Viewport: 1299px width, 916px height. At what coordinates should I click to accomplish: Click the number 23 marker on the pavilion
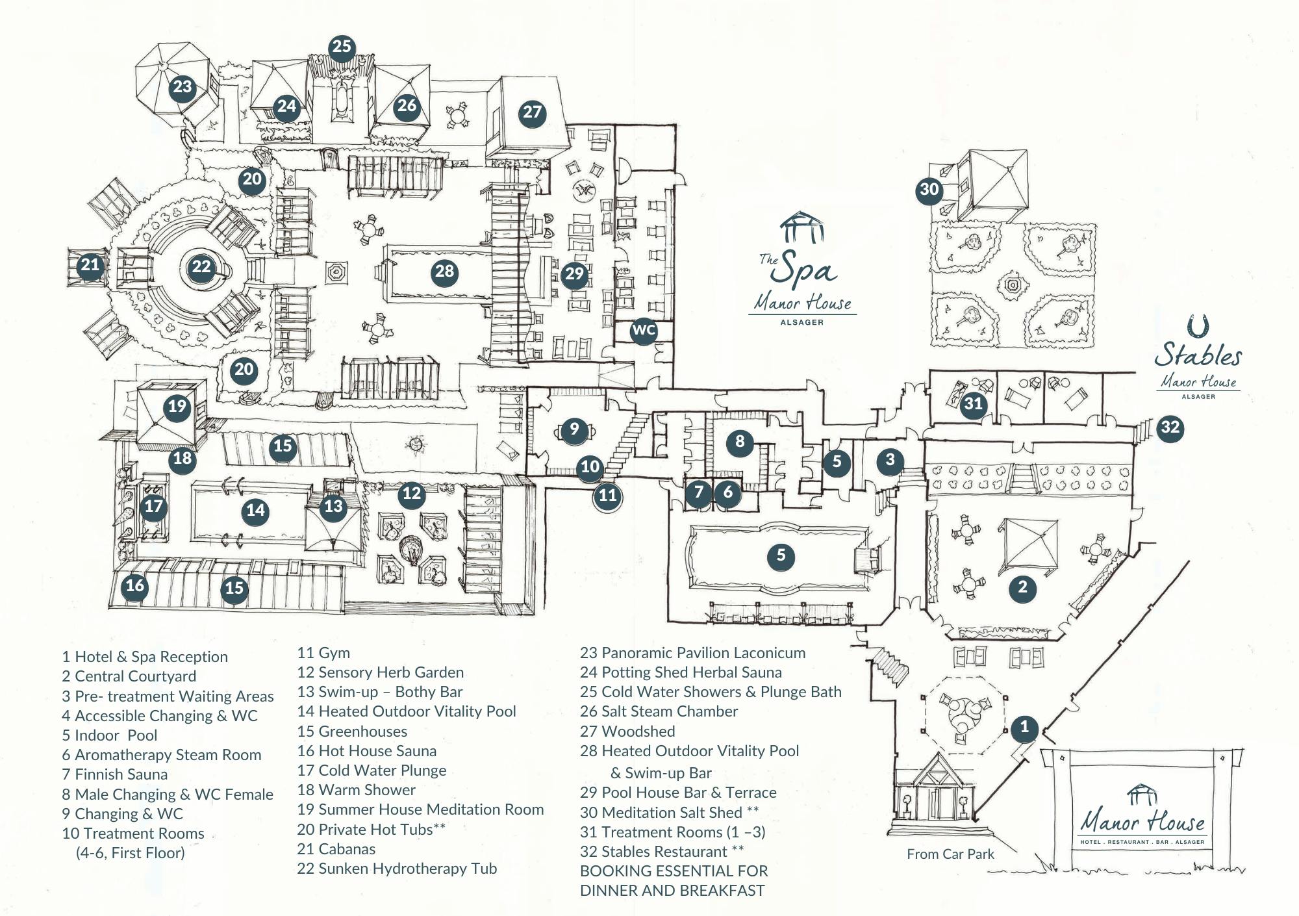point(183,87)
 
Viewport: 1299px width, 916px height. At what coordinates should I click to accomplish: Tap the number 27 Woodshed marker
point(532,112)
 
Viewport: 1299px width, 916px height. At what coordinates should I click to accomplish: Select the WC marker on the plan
point(644,330)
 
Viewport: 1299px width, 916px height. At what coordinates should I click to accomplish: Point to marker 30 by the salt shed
point(929,190)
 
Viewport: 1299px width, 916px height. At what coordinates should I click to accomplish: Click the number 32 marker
point(1170,427)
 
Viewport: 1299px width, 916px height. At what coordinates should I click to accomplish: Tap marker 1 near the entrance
point(1024,727)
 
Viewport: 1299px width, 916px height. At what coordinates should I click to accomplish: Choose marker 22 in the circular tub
point(201,267)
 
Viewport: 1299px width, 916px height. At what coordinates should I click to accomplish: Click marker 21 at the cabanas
point(90,265)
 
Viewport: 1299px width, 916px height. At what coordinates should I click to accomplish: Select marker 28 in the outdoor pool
point(444,272)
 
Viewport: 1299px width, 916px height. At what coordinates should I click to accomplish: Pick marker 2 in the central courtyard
point(1022,588)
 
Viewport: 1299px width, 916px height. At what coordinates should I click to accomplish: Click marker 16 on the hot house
point(134,586)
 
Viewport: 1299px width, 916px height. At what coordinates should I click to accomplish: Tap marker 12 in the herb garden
point(412,494)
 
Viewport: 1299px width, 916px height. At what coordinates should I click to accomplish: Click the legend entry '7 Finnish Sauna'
point(115,774)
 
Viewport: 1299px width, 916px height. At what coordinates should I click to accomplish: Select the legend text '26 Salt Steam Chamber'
point(659,711)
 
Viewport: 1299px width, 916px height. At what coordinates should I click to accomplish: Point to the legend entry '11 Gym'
point(323,653)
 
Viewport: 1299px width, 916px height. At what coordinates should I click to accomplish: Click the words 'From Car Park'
point(950,854)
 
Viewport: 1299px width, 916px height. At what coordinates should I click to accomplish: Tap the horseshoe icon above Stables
point(1197,325)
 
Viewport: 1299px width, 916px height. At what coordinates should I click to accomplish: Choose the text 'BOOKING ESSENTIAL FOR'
point(674,871)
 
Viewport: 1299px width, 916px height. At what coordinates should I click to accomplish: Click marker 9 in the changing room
point(574,429)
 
